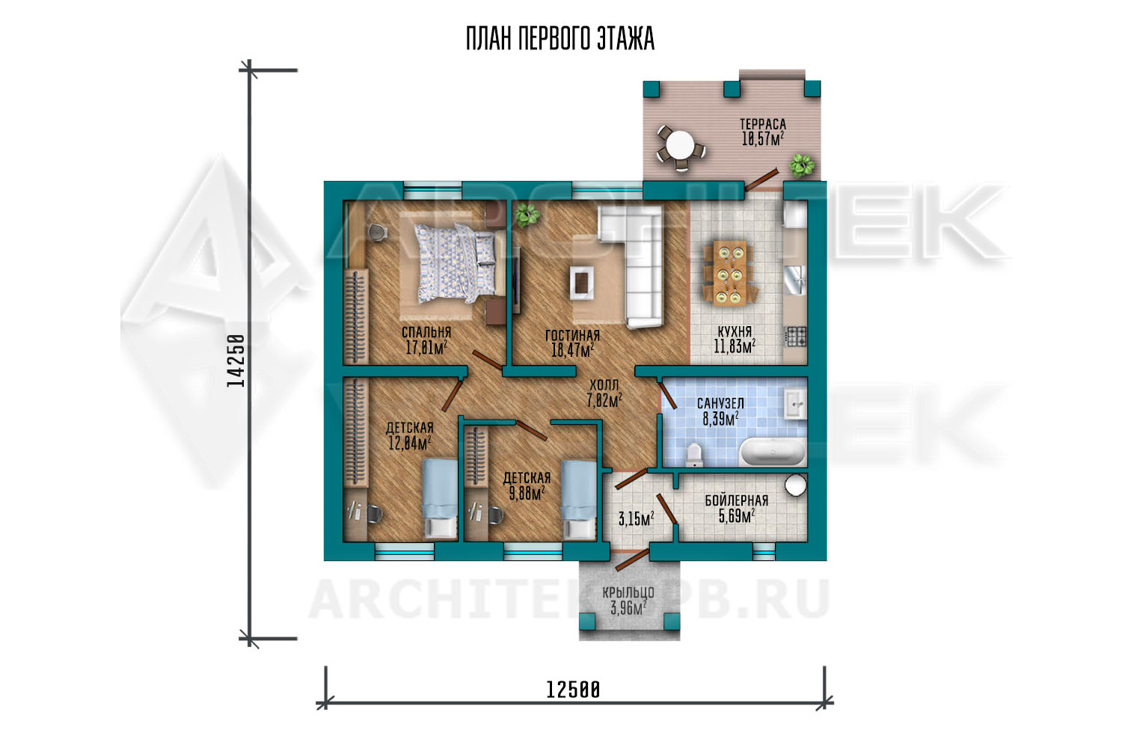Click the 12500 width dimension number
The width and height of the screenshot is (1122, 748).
tap(572, 690)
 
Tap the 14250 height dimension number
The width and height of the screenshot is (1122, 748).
tap(236, 361)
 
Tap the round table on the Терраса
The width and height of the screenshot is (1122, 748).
tap(680, 145)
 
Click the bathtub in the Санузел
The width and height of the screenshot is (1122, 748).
tap(773, 452)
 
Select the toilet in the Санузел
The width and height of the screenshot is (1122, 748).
tap(694, 455)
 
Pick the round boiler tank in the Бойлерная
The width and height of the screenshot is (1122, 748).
tap(795, 485)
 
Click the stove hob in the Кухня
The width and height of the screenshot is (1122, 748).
tap(795, 336)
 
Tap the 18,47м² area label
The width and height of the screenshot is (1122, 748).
tap(572, 350)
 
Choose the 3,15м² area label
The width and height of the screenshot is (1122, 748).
tap(636, 518)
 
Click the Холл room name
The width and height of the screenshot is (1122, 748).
tap(604, 385)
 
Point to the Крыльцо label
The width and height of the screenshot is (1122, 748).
tap(628, 592)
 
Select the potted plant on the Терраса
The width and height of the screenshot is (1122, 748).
tap(802, 165)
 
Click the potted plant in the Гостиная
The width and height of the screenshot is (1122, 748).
tap(527, 215)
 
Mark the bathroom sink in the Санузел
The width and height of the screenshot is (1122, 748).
tap(795, 403)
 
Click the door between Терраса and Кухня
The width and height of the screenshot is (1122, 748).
tap(761, 180)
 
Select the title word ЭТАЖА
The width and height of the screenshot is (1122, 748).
tap(625, 39)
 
